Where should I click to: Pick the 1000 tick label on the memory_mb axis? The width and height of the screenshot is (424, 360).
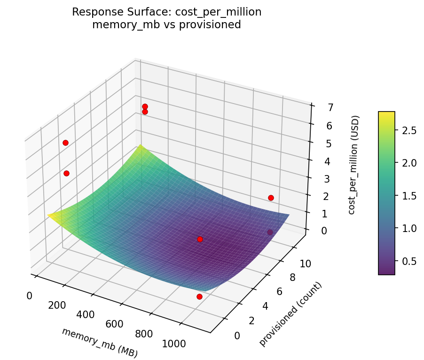coord(173,344)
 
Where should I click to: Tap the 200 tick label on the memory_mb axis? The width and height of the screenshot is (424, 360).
coord(56,305)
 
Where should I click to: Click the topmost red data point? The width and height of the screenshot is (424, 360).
coord(145,107)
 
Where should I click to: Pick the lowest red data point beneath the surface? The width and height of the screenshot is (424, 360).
coord(199,296)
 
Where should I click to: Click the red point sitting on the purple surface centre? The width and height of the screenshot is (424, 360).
coord(200,239)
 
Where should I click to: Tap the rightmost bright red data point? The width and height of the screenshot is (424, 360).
coord(271,198)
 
